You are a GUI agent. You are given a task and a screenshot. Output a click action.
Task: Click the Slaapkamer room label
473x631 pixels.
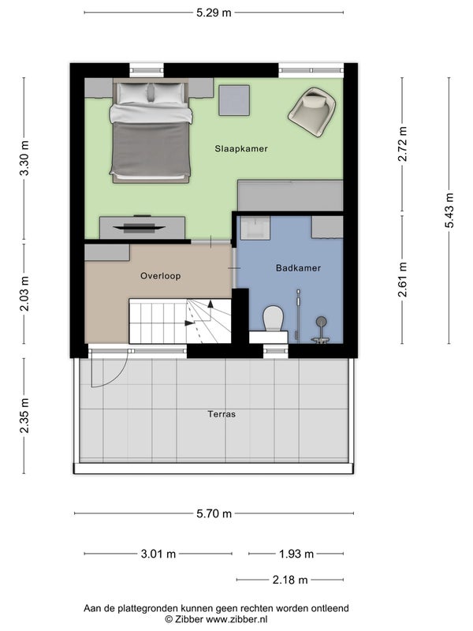[241, 148]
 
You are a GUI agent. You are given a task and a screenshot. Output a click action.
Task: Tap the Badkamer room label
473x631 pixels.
[298, 267]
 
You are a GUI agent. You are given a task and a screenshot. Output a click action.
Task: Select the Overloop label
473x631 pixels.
[161, 275]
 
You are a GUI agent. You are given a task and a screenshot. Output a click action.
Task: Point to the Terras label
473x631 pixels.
[222, 413]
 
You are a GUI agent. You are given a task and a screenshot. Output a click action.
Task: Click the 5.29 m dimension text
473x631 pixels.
[214, 13]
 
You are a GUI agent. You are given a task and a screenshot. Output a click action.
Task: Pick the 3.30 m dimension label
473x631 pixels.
[24, 159]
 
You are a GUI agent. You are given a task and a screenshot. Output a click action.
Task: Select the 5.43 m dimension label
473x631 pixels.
[449, 211]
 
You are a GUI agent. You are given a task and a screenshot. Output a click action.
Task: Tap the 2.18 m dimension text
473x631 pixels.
[290, 580]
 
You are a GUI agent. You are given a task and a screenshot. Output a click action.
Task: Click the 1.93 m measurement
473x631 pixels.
[296, 554]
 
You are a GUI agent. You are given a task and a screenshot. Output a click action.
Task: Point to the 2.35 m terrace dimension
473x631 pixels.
[24, 416]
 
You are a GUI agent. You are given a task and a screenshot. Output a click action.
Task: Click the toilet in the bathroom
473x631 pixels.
[273, 319]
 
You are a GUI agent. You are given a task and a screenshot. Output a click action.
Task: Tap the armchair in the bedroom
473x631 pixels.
[312, 111]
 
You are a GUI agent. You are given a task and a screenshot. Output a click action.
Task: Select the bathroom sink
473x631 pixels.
[255, 228]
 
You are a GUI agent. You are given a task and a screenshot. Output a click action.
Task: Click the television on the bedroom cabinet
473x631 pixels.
[140, 228]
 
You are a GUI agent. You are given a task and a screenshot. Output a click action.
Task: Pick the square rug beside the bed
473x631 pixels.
[234, 100]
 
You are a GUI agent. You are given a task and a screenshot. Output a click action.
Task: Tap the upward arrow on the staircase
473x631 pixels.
[210, 309]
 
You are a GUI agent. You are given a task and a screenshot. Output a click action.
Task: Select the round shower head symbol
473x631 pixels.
[321, 321]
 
